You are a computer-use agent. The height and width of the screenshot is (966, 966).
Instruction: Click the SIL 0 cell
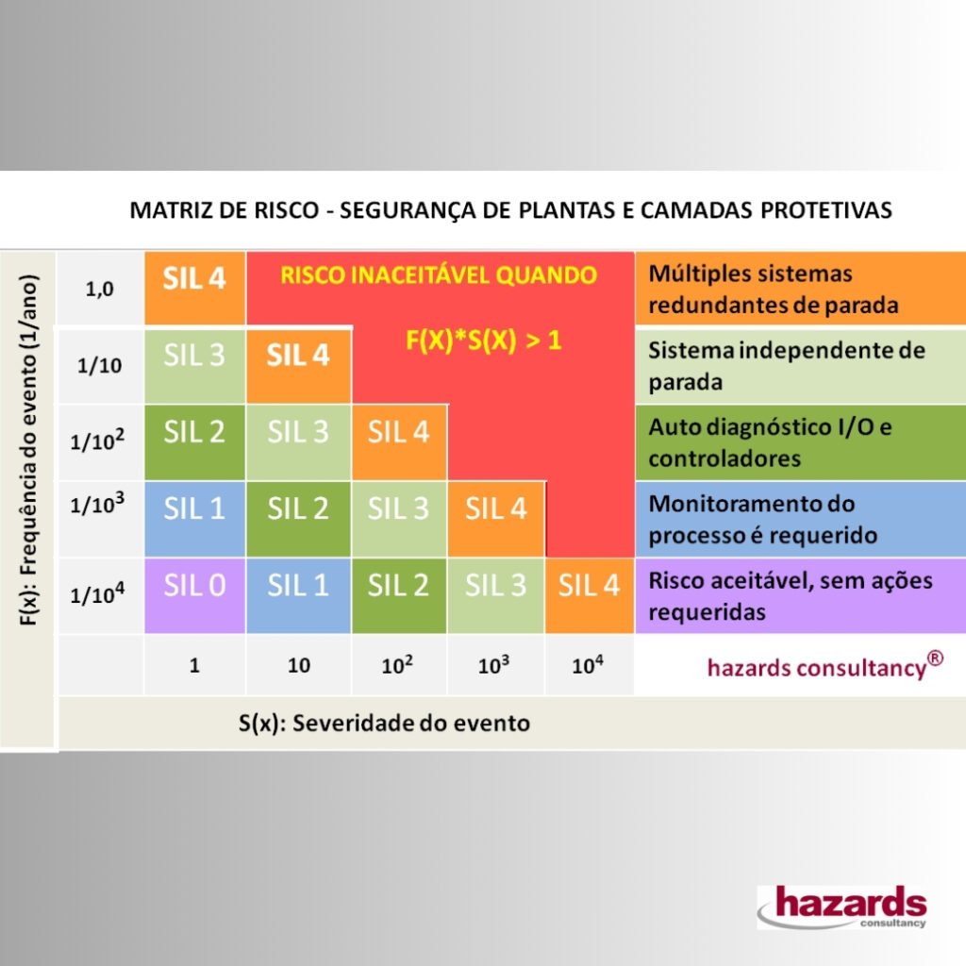point(194,596)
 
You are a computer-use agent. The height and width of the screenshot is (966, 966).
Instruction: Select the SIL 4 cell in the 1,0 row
point(194,288)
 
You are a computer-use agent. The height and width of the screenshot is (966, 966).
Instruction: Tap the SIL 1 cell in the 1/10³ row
point(194,519)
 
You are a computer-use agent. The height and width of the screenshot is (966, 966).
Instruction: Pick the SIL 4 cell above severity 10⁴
point(590,596)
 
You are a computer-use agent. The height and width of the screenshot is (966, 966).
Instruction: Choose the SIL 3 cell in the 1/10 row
point(194,367)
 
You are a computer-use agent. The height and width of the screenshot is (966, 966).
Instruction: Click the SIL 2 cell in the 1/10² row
point(194,442)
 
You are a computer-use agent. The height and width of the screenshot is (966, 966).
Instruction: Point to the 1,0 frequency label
point(99,289)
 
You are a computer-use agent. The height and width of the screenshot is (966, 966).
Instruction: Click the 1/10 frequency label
point(99,366)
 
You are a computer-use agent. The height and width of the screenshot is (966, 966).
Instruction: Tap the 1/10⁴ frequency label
point(97,594)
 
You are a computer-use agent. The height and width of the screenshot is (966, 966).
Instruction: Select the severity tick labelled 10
point(299,665)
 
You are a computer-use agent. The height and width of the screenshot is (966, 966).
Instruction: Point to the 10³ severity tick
point(493,665)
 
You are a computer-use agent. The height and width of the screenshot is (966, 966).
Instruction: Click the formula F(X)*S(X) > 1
point(484,341)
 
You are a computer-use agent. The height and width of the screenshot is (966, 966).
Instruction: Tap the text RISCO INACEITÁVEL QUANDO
point(439,275)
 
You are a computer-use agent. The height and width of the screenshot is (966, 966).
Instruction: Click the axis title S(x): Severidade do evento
point(385,724)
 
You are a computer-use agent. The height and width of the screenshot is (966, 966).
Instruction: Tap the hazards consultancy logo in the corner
point(842,907)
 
